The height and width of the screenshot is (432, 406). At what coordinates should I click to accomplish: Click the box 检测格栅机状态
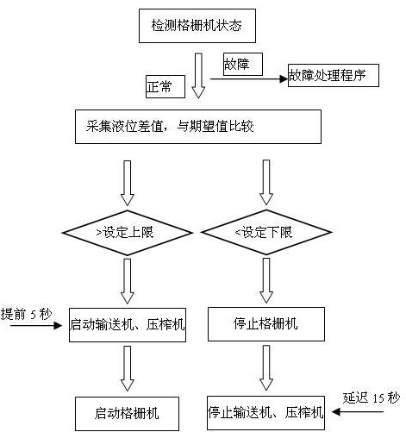pos(197,27)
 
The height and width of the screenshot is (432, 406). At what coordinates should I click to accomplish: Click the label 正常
pos(161,86)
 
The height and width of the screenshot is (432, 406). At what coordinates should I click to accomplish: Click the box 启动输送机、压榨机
pos(128,326)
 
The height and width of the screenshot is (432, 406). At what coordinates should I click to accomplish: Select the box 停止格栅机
pos(266,326)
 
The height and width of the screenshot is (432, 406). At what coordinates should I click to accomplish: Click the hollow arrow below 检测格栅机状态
pos(198,76)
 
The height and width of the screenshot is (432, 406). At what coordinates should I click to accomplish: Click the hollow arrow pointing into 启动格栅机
pos(128,369)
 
